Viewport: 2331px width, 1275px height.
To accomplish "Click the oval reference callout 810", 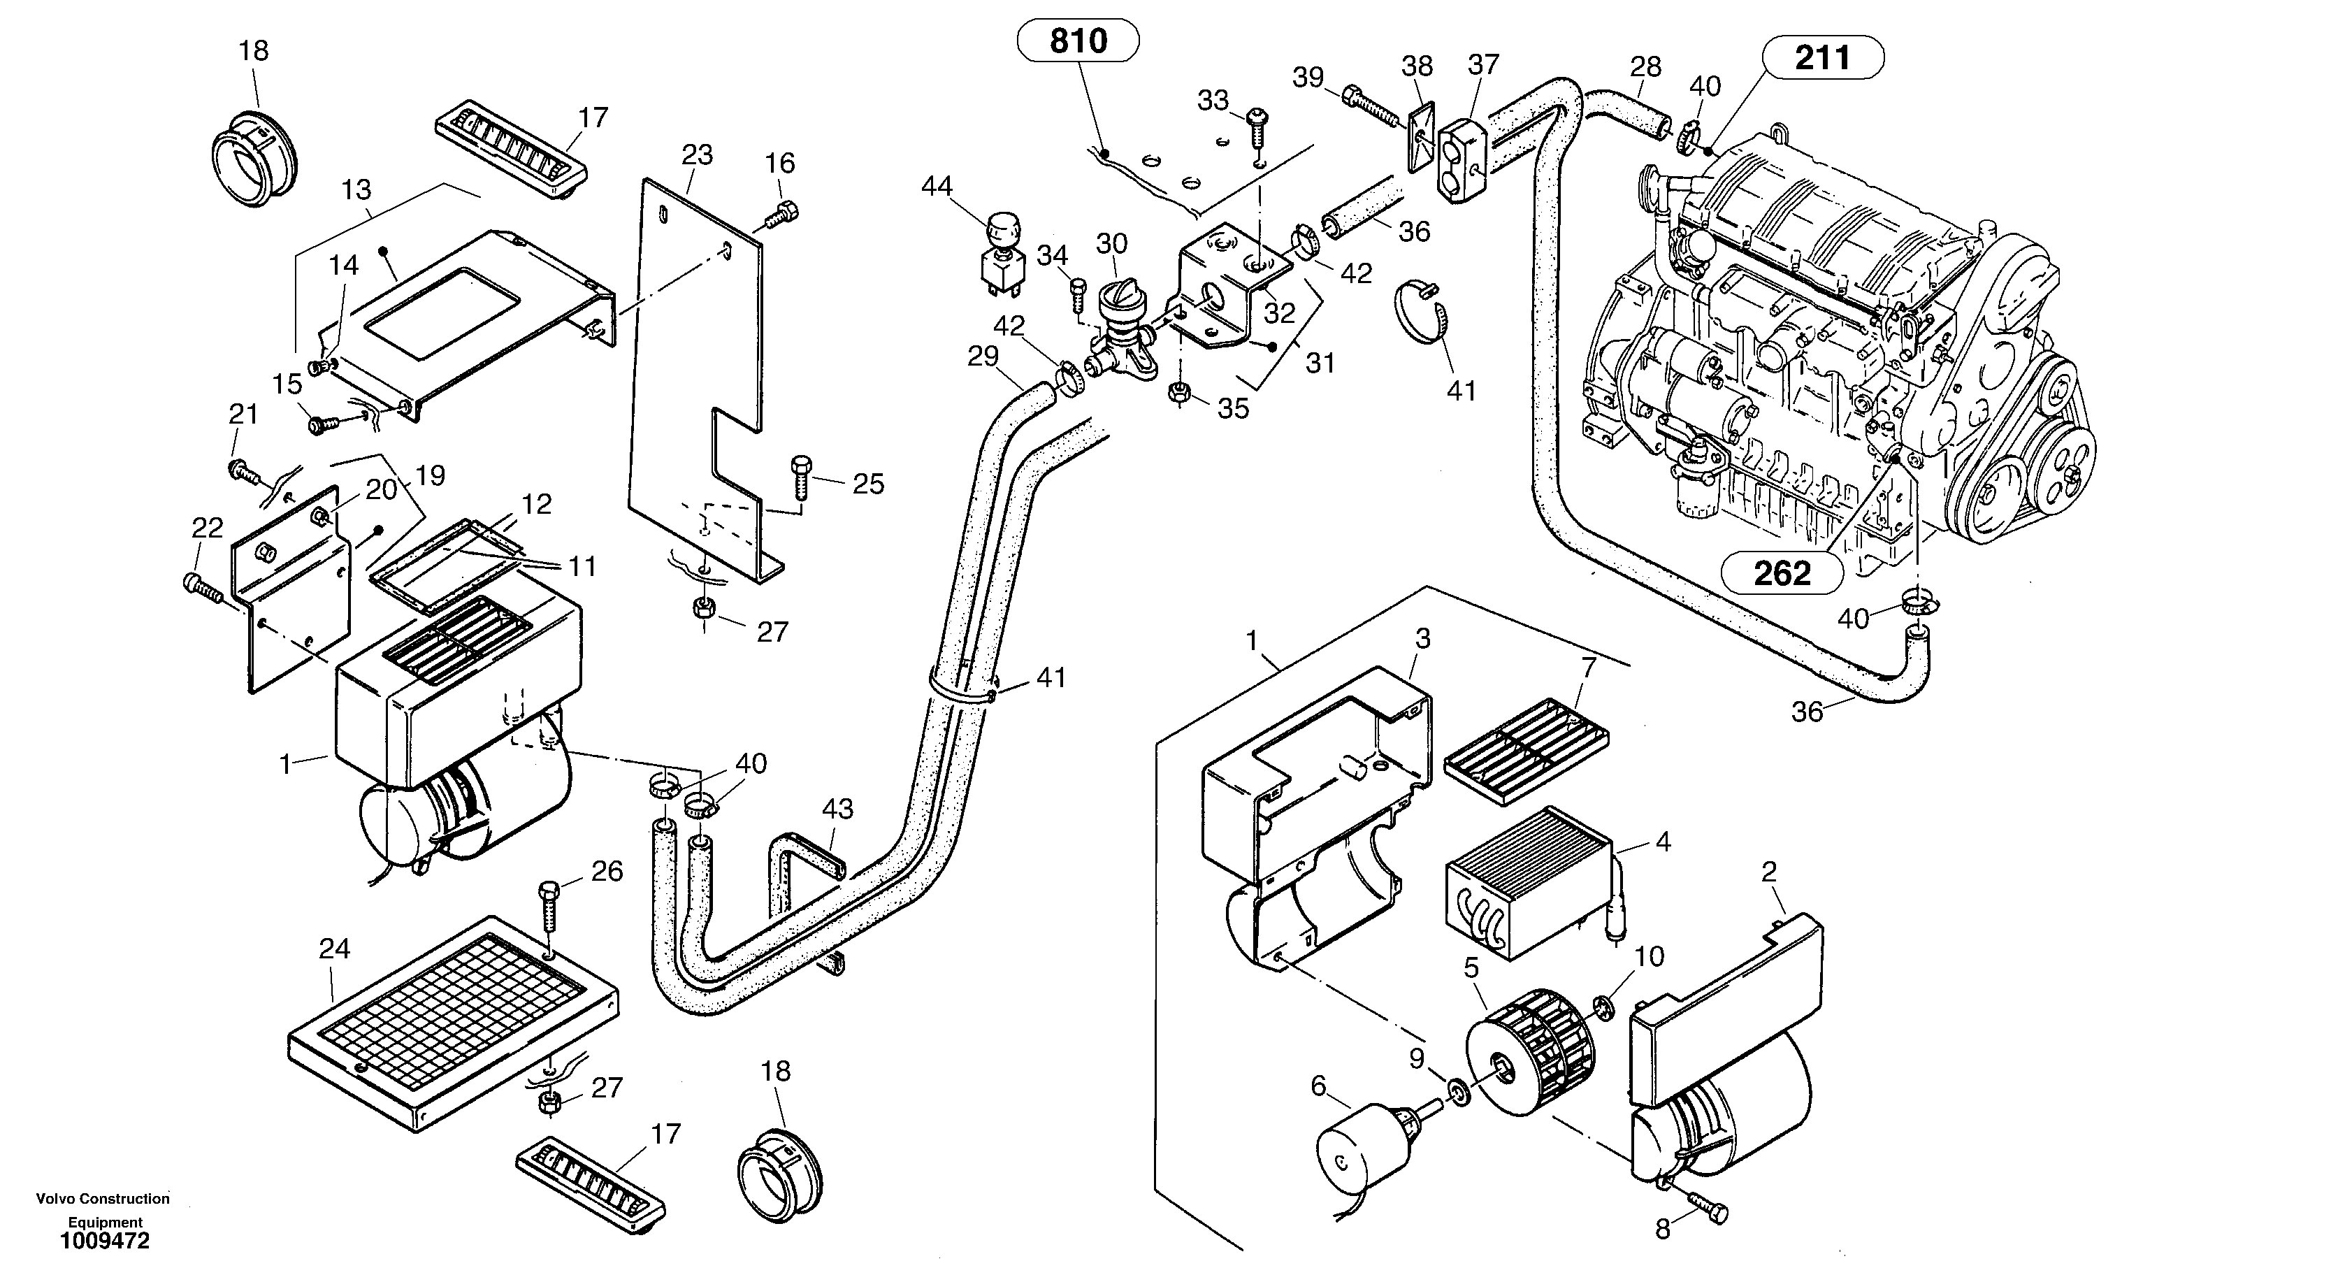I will [1078, 41].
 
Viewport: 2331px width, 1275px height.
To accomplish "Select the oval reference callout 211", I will [1822, 58].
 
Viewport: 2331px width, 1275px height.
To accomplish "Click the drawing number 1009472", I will [105, 1241].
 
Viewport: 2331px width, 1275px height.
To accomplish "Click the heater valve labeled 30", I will [1119, 335].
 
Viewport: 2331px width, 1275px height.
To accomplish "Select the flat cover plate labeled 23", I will [697, 371].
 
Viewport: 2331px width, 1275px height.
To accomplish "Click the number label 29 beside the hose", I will [983, 357].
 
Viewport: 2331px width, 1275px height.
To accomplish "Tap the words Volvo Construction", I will [102, 1199].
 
